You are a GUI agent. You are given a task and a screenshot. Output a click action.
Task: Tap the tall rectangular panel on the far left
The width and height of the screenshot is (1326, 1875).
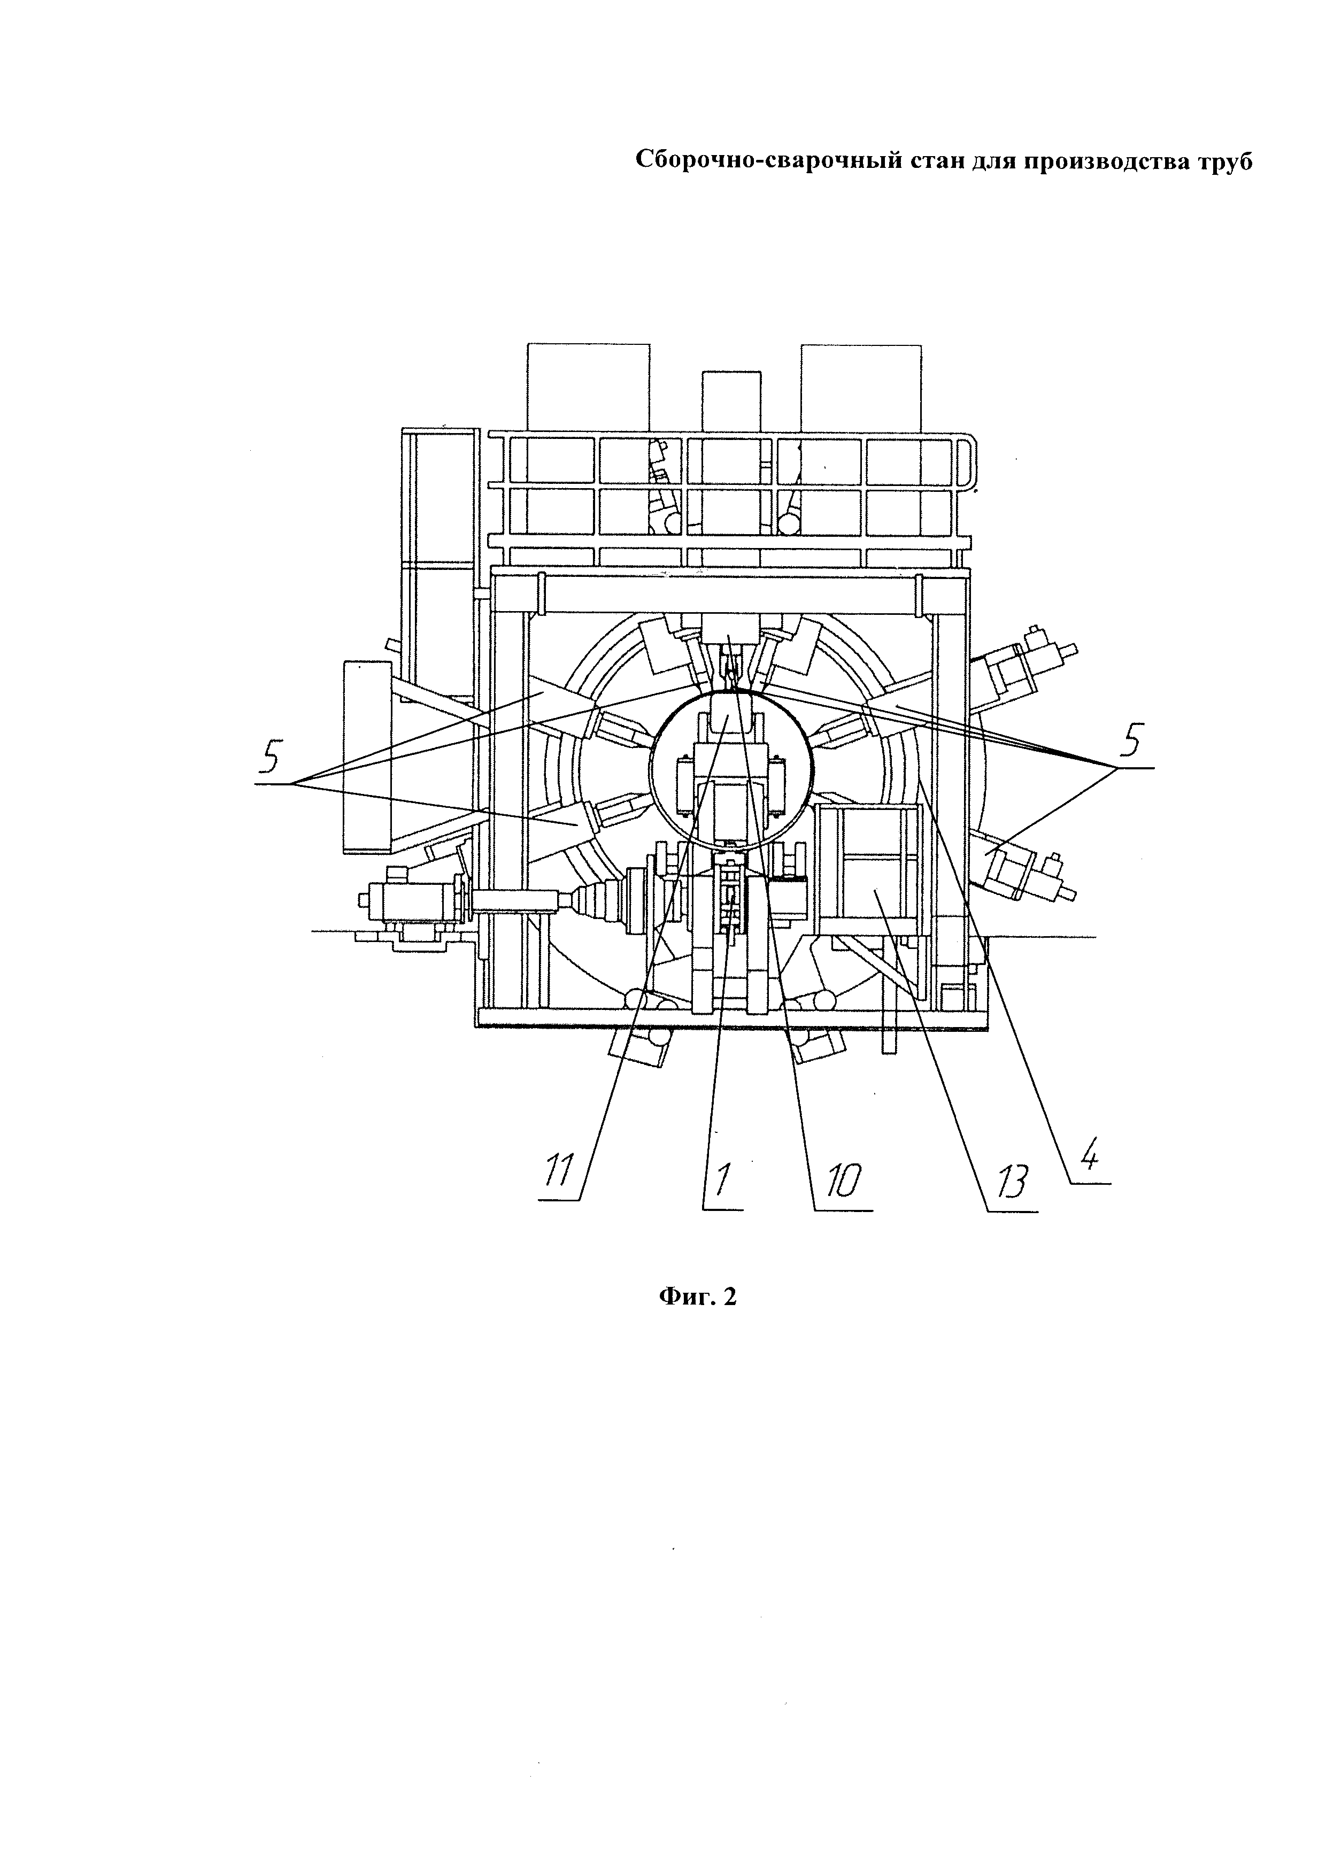pyautogui.click(x=367, y=755)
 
